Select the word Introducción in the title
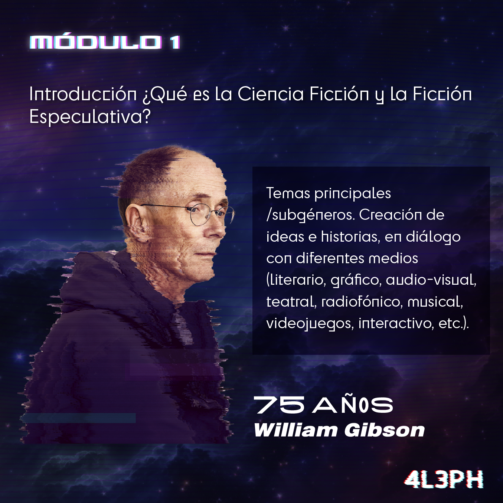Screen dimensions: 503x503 (x=83, y=94)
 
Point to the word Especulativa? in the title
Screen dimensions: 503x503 (x=90, y=117)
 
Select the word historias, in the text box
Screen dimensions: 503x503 (x=350, y=237)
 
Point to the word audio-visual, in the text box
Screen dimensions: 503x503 (x=431, y=280)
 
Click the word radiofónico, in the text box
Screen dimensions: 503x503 (x=360, y=302)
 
